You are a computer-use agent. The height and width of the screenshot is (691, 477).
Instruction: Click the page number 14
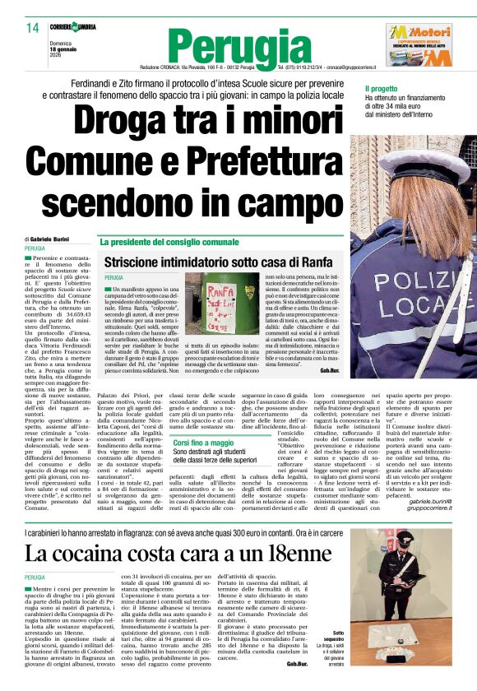pos(33,28)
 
